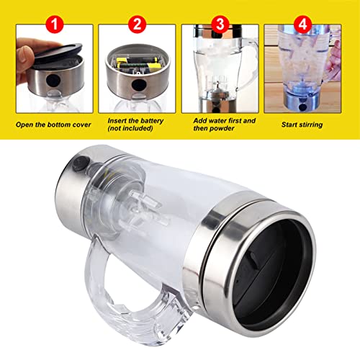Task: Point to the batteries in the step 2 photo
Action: pos(137,71)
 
